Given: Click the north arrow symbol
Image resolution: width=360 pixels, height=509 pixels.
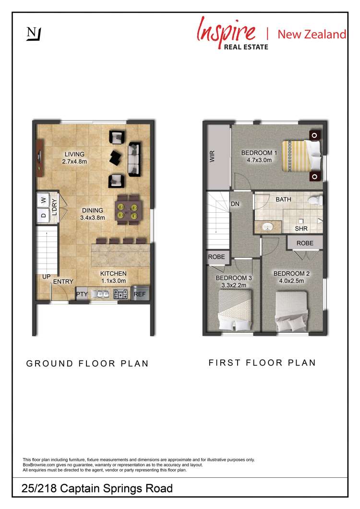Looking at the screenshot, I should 34,34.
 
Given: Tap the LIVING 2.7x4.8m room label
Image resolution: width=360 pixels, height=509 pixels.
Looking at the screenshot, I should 73,158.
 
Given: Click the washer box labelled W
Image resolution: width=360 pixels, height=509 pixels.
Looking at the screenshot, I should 43,200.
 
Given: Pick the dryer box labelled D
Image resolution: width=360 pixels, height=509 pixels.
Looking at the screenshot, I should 43,216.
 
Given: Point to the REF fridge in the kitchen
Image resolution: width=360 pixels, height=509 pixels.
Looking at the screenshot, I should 139,294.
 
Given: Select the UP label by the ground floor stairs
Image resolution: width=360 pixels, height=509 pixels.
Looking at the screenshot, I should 47,277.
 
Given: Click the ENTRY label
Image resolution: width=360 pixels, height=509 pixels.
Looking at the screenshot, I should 63,282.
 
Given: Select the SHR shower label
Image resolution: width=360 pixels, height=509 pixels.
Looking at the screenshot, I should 301,229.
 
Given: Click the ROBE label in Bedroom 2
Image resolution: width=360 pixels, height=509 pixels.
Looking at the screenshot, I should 305,243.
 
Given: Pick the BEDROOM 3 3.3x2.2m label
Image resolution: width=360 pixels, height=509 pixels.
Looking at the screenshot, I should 234,281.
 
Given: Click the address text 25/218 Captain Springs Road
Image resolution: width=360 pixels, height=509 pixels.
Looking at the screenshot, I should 97,489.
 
